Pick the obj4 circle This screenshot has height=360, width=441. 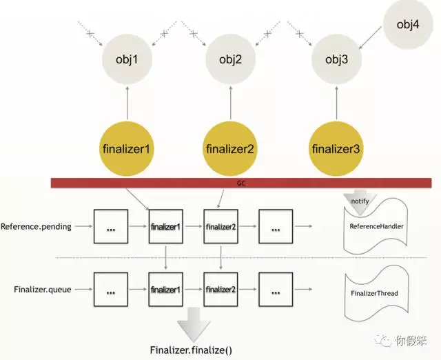click(x=407, y=26)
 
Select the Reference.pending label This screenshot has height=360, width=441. click(x=36, y=226)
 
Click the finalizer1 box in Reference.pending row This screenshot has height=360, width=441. click(x=166, y=226)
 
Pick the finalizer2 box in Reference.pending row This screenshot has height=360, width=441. click(x=220, y=226)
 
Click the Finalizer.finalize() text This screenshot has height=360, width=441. click(x=191, y=350)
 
